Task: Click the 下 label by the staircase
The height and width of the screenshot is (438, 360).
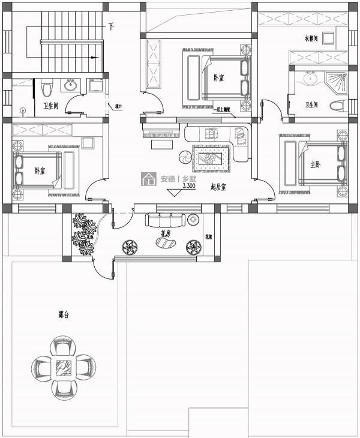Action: pyautogui.click(x=112, y=26)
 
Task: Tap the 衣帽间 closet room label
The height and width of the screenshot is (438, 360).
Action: pyautogui.click(x=311, y=39)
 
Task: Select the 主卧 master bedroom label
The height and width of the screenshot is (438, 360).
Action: pyautogui.click(x=316, y=164)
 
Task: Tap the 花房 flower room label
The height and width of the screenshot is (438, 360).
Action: pyautogui.click(x=166, y=233)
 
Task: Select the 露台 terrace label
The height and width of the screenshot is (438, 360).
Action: pyautogui.click(x=63, y=314)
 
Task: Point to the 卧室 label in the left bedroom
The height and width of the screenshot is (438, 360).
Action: pyautogui.click(x=40, y=171)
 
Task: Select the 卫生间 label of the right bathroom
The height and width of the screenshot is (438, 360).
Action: pyautogui.click(x=311, y=105)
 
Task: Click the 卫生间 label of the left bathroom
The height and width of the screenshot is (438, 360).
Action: pyautogui.click(x=50, y=106)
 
